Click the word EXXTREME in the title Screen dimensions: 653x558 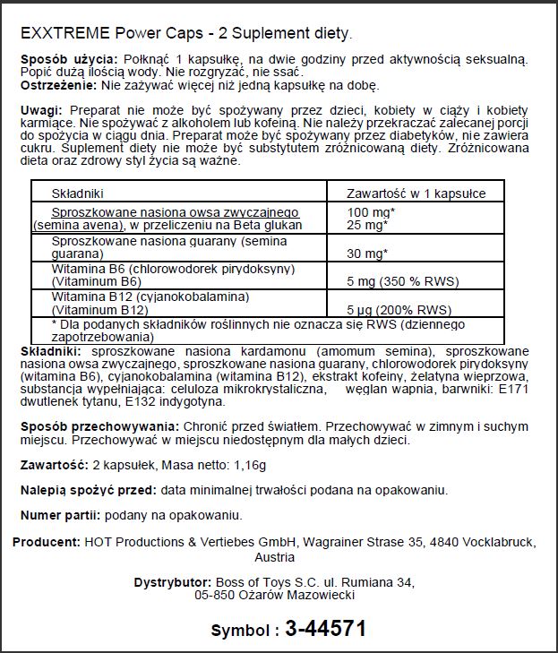[x=64, y=34]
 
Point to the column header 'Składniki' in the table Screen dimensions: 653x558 [x=79, y=193]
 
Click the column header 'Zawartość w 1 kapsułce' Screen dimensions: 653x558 [x=416, y=193]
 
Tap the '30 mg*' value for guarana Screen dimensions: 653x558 [x=367, y=253]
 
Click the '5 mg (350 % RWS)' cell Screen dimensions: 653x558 [x=404, y=281]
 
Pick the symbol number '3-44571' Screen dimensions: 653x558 [x=326, y=629]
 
